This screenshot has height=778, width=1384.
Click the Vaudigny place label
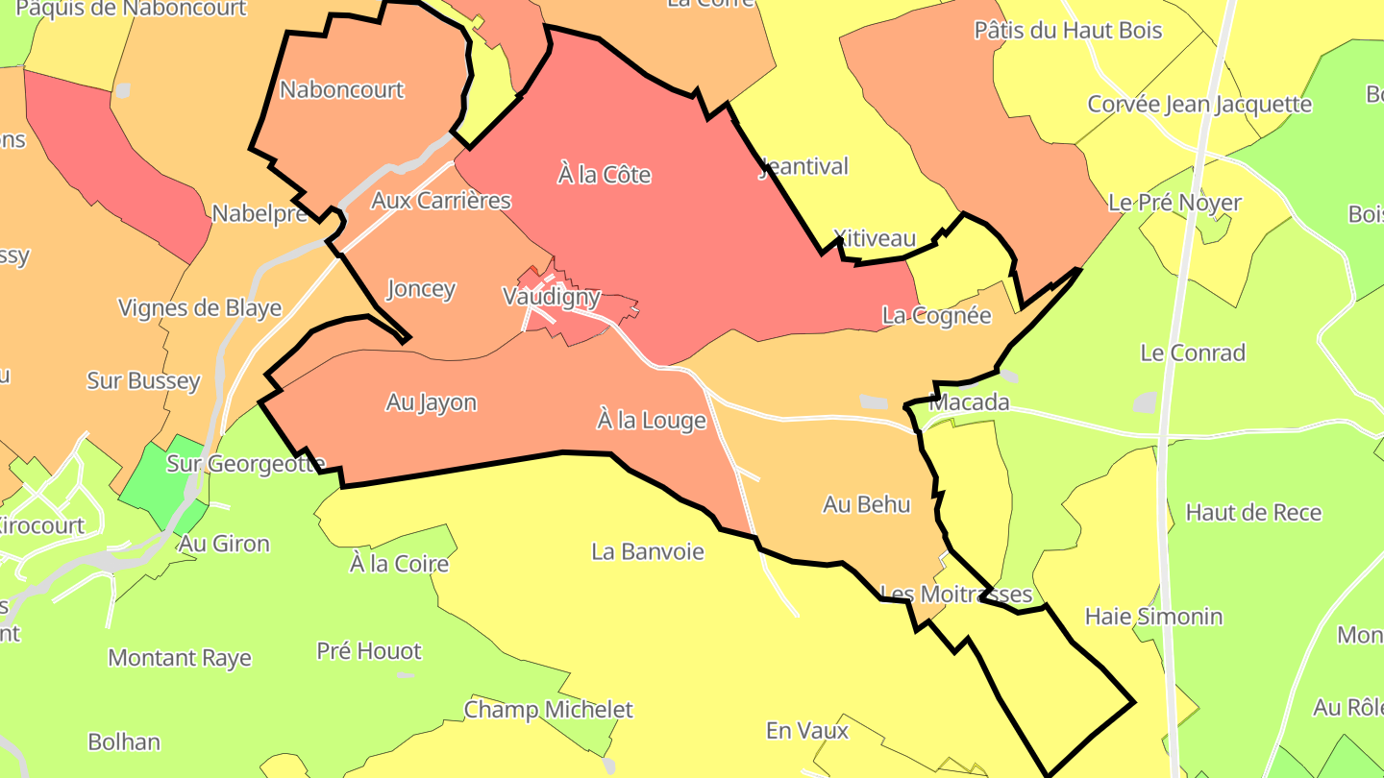tap(552, 297)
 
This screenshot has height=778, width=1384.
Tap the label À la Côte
tap(605, 175)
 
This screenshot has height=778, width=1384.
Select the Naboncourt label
tap(342, 90)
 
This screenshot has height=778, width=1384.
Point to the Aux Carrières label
tap(441, 201)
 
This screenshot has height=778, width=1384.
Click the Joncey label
tap(420, 289)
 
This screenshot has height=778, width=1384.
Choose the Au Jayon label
tap(432, 402)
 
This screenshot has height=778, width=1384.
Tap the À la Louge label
tap(652, 421)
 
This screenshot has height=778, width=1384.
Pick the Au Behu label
tap(866, 504)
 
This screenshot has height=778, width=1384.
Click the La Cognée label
tap(936, 316)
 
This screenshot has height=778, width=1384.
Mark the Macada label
tap(970, 402)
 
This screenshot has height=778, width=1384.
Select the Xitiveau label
tap(875, 238)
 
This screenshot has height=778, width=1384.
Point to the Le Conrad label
tap(1192, 353)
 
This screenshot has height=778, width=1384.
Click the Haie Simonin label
tap(1153, 616)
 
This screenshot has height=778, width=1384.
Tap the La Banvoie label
tap(648, 551)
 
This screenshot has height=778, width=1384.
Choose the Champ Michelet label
tap(549, 710)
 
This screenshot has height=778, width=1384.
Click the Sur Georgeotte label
tap(246, 464)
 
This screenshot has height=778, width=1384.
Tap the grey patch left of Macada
tap(874, 402)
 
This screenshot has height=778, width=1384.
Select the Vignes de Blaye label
tap(200, 308)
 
